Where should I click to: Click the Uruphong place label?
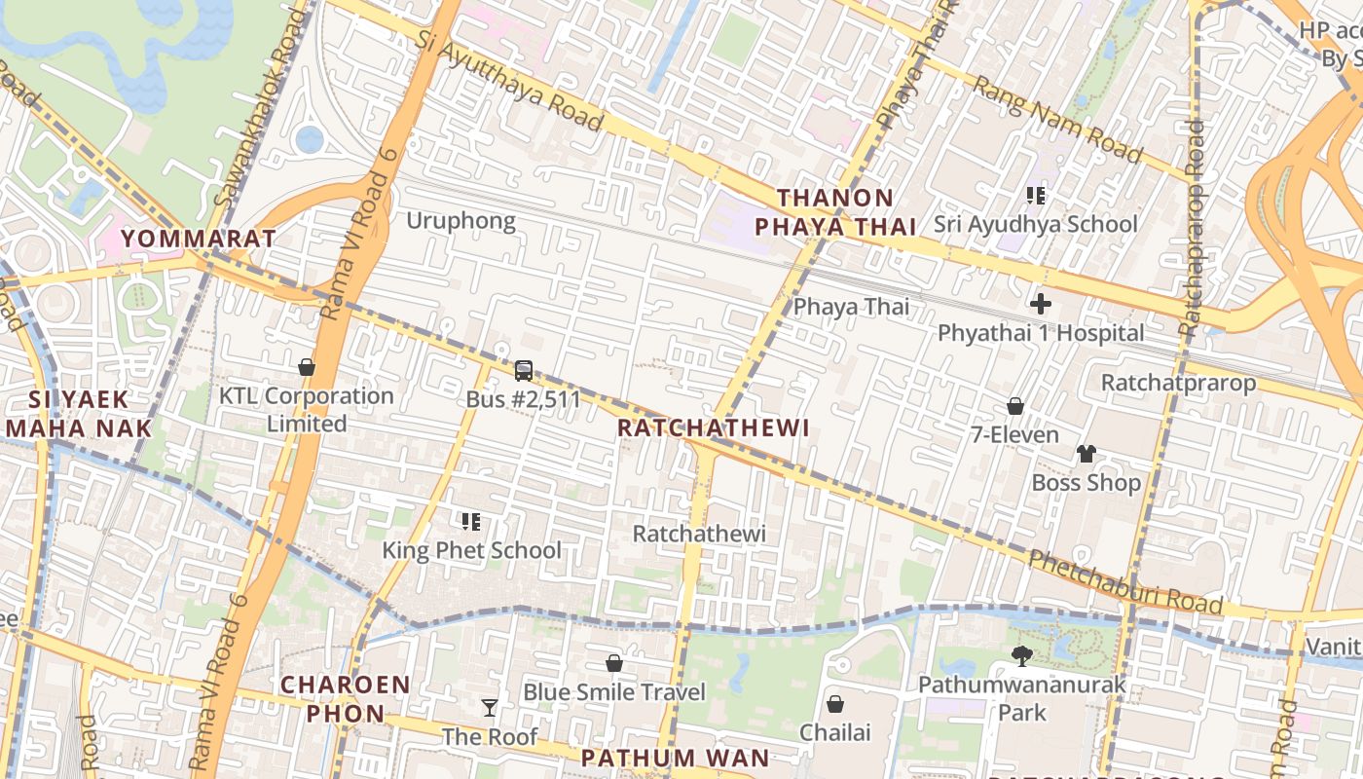click(460, 221)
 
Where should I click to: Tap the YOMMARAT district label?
click(198, 239)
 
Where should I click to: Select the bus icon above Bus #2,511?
click(523, 371)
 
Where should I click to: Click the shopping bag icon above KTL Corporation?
click(307, 367)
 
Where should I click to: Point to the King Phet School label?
click(471, 550)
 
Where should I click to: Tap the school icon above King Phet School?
click(471, 522)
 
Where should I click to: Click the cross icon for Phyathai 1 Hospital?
click(1041, 304)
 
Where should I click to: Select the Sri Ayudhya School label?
click(1036, 224)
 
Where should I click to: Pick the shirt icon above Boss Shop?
click(1087, 454)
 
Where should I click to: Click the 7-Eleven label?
click(1014, 434)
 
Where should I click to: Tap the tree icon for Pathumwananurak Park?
click(1021, 655)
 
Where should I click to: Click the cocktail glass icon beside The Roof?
click(490, 708)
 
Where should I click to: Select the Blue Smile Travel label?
click(614, 692)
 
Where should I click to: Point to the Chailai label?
click(835, 731)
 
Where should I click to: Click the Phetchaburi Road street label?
click(1125, 582)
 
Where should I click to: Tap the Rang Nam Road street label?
click(1057, 121)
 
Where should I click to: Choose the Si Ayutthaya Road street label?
click(508, 79)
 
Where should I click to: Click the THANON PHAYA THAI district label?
click(836, 212)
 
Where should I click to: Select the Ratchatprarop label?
click(1178, 383)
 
